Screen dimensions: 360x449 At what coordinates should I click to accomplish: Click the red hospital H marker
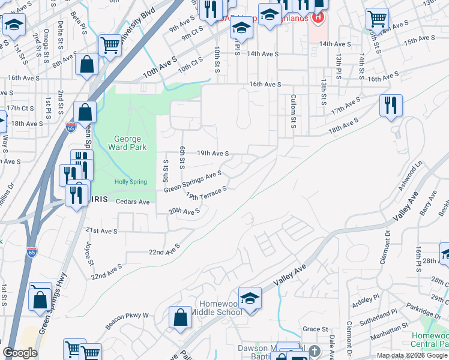pos(318,17)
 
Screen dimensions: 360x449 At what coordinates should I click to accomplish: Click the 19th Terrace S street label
pos(206,193)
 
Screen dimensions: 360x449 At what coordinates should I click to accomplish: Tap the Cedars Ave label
pos(133,202)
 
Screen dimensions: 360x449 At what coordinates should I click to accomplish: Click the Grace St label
pos(315,329)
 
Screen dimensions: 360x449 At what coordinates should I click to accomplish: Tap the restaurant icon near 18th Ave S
pos(391,104)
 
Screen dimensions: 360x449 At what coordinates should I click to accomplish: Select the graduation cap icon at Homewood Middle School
pos(250,298)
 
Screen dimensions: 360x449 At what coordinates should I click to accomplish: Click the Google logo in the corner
pos(20,353)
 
